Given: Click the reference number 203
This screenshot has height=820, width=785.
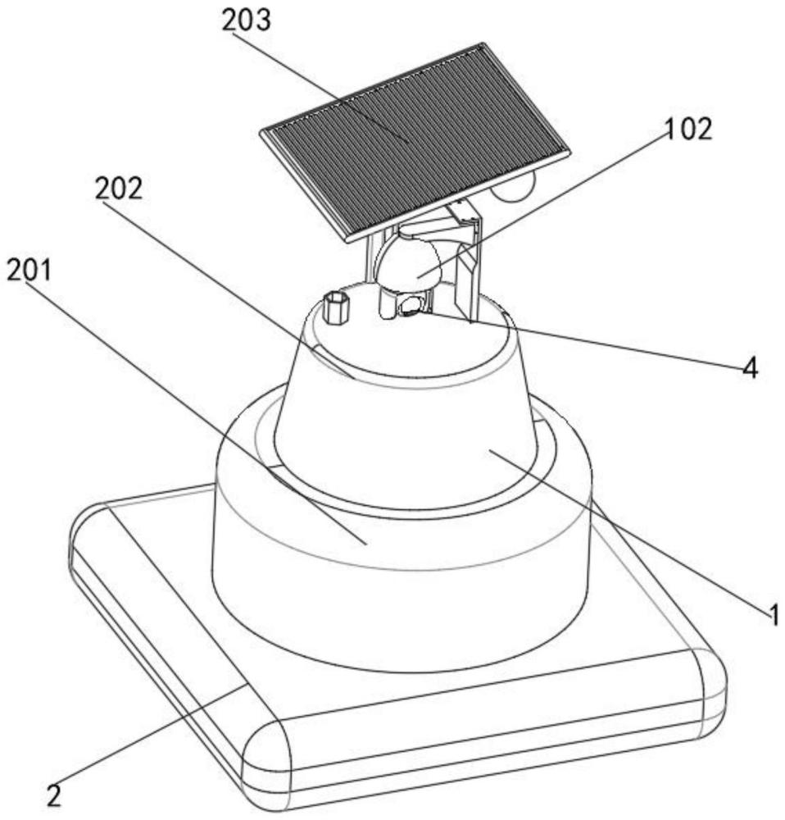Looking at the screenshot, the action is tap(246, 21).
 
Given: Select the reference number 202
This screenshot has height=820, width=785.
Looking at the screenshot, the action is tap(119, 189).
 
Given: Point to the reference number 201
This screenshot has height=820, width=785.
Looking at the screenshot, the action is tap(29, 271).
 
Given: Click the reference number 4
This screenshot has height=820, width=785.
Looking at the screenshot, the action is tap(750, 368).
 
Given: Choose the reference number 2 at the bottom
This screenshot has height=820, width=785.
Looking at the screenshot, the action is tap(53, 795).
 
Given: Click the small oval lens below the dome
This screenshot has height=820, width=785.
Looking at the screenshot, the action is tap(410, 305).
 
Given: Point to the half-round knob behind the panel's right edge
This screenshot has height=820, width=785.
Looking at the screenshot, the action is tap(515, 187).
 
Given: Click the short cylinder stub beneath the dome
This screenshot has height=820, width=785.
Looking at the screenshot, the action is tap(388, 304).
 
